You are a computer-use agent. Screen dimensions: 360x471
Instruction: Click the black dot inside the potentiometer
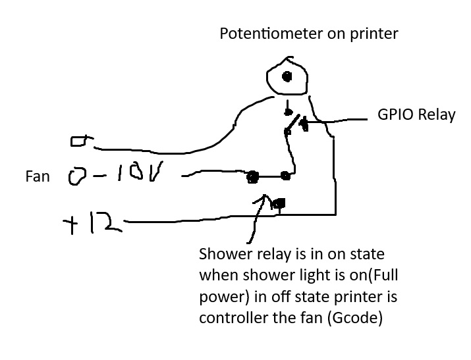click(287, 77)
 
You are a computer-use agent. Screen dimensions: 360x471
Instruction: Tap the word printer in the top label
click(375, 34)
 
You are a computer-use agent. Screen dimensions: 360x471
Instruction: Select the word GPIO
click(395, 115)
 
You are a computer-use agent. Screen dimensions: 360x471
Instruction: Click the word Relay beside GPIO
click(437, 115)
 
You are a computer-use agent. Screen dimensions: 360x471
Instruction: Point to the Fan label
click(38, 177)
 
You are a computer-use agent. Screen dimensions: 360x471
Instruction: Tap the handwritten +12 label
click(92, 224)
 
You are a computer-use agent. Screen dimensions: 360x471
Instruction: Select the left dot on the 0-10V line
click(252, 176)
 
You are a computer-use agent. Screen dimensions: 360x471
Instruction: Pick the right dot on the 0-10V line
click(285, 176)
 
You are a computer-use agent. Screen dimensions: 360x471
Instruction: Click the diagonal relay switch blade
click(291, 125)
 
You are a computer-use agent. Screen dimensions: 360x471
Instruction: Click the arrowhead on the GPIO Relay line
click(304, 122)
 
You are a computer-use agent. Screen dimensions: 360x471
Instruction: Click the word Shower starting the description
click(221, 254)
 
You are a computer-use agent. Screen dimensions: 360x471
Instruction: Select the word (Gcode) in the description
click(362, 318)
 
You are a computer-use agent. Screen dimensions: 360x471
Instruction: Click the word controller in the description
click(231, 318)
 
